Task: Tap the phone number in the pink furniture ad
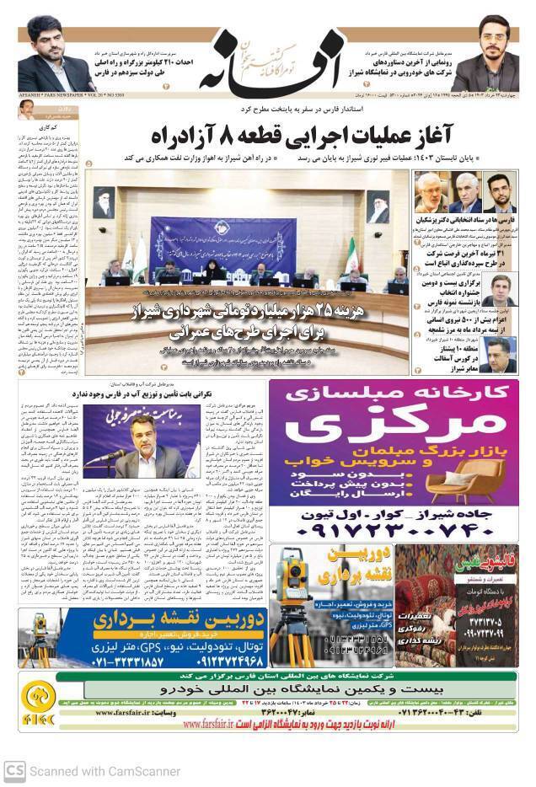(x=388, y=531)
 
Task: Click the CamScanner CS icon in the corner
(x=13, y=770)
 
